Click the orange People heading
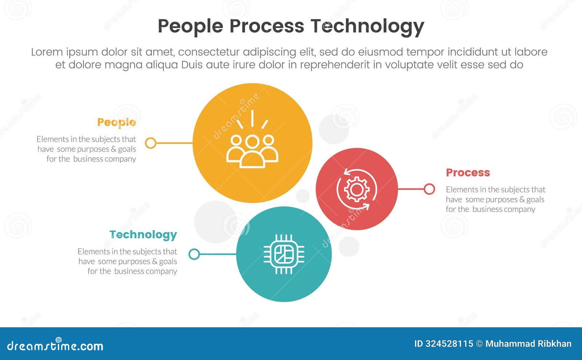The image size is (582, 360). [116, 123]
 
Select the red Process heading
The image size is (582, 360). [468, 173]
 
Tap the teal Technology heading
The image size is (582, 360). [143, 235]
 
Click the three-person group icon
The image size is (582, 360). [252, 151]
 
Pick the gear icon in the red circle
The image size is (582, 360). [356, 189]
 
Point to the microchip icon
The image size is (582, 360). [284, 254]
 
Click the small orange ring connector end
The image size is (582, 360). [151, 143]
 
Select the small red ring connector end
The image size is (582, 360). [429, 189]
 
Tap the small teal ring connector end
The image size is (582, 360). [194, 254]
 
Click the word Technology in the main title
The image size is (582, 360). [367, 26]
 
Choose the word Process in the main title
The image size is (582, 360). [266, 26]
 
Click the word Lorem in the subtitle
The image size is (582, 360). [47, 52]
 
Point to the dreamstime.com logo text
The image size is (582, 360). [55, 345]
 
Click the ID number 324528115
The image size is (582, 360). [449, 344]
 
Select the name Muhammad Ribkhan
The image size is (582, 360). [528, 344]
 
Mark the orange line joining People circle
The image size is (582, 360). [174, 143]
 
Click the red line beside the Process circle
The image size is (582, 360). [411, 189]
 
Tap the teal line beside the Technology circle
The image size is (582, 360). [218, 254]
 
